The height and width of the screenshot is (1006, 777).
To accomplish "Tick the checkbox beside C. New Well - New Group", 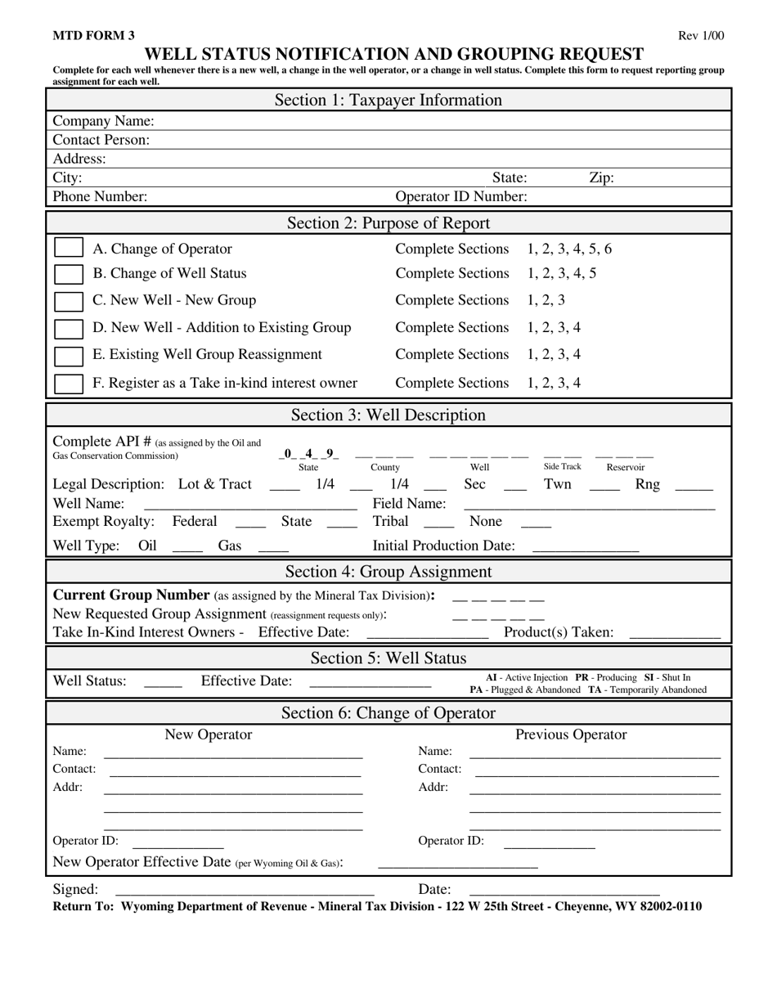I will pyautogui.click(x=69, y=301).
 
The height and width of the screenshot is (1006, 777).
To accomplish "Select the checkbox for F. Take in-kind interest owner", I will pyautogui.click(x=69, y=383).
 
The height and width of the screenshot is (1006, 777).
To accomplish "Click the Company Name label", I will pyautogui.click(x=103, y=121).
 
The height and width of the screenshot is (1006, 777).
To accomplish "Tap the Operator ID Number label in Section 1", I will pyautogui.click(x=461, y=196).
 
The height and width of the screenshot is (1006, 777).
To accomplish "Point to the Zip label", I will pyautogui.click(x=601, y=177).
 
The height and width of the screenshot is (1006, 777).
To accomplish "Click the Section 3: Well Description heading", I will pyautogui.click(x=388, y=415).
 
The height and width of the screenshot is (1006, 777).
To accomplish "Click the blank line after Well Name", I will pyautogui.click(x=250, y=505).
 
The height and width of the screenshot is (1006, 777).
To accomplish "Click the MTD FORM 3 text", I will pyautogui.click(x=94, y=35).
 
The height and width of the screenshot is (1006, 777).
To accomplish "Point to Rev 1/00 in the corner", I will pyautogui.click(x=701, y=35).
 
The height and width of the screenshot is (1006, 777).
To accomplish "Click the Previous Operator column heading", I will pyautogui.click(x=571, y=734).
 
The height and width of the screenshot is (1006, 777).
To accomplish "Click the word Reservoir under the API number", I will pyautogui.click(x=625, y=467).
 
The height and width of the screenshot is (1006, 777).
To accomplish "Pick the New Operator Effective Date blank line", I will pyautogui.click(x=457, y=865).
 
